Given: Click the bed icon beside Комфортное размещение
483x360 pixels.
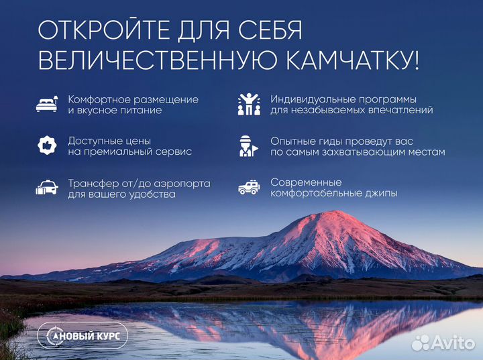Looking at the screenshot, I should point(47,104).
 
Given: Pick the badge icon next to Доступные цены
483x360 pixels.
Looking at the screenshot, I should point(47,145).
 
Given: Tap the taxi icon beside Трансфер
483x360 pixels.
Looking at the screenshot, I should point(47,188).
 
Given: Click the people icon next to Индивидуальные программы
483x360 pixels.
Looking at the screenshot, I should point(249,104).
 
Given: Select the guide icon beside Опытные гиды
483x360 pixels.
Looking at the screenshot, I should point(249,145).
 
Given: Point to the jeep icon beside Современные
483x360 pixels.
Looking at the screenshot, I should point(249,188).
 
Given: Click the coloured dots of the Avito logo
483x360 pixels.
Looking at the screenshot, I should point(420,343).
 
